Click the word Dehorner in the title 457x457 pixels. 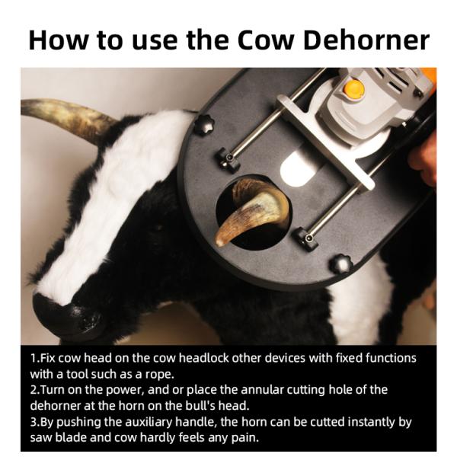366,40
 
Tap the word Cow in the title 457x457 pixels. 265,40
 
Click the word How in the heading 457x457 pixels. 58,40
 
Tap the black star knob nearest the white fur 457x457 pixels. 204,125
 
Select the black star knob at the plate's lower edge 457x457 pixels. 341,264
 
